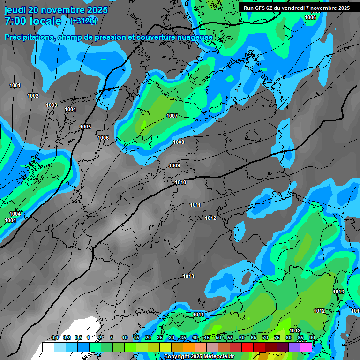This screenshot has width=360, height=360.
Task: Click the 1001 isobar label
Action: tap(15, 85)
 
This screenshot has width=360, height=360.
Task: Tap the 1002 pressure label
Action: tap(33, 96)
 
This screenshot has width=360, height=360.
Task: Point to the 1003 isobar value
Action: tap(52, 105)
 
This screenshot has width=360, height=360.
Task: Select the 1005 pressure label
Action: tap(85, 127)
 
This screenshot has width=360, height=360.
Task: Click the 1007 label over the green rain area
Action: tap(172, 116)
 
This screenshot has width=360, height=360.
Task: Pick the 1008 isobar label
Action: tap(179, 142)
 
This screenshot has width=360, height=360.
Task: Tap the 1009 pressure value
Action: tap(174, 165)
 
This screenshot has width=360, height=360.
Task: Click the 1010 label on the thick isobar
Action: tap(180, 182)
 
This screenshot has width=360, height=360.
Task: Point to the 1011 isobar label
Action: tap(195, 205)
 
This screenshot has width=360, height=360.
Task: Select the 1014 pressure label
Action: tap(198, 315)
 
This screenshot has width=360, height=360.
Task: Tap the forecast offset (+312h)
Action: tap(83, 21)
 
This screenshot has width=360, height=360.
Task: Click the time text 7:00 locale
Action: tap(33, 21)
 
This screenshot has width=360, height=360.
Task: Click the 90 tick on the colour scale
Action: tap(312, 338)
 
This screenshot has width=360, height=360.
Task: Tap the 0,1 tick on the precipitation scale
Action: tap(55, 338)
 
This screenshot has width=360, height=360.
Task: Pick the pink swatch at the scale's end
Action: tap(306, 347)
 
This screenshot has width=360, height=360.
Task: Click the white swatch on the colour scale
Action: tap(48, 347)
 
